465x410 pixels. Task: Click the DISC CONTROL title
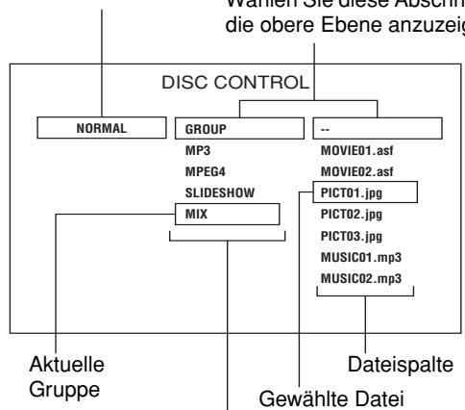(x=233, y=82)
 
